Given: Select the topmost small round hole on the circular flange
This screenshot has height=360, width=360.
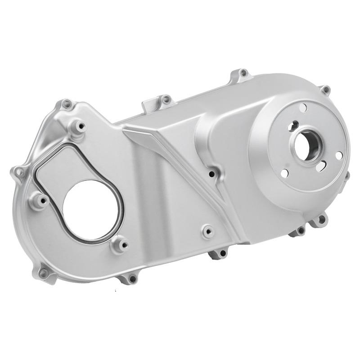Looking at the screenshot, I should tap(304, 107).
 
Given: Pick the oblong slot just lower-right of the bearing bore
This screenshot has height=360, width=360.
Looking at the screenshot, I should tap(321, 166).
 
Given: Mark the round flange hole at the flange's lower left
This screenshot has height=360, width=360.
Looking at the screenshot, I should tap(284, 173).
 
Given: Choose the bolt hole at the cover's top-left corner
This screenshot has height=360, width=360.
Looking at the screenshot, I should tap(67, 104).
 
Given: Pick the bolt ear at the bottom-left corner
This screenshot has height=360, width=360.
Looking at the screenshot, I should tap(44, 273).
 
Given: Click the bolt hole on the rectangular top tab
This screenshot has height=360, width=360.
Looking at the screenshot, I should tap(166, 99).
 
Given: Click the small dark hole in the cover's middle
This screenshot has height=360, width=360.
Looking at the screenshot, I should tap(211, 173).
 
